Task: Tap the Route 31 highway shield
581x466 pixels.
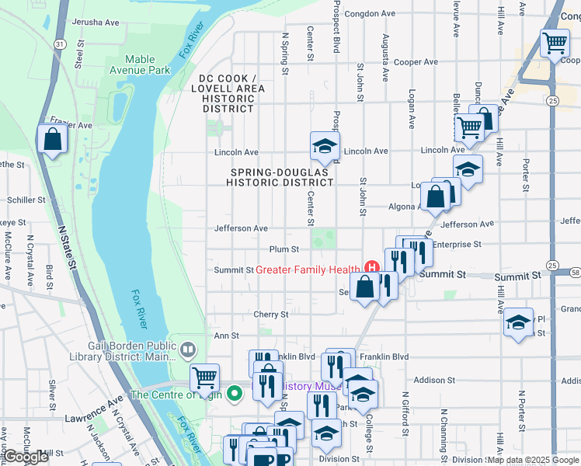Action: pyautogui.click(x=60, y=44)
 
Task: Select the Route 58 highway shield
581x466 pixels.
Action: pyautogui.click(x=575, y=273)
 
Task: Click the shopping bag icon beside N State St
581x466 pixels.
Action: pyautogui.click(x=52, y=139)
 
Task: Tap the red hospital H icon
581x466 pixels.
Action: pyautogui.click(x=371, y=270)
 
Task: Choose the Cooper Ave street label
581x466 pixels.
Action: pyautogui.click(x=416, y=62)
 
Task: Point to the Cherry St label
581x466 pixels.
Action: pyautogui.click(x=270, y=315)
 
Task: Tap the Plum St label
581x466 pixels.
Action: pyautogui.click(x=284, y=249)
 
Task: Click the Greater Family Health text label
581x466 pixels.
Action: pyautogui.click(x=309, y=270)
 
